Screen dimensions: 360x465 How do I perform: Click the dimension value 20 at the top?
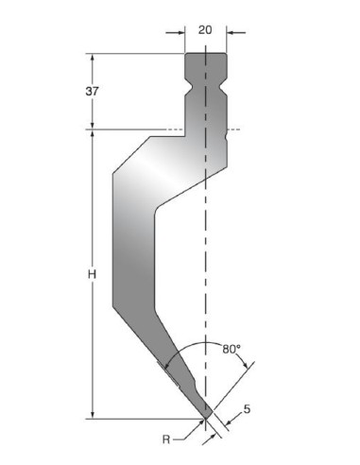click(205, 30)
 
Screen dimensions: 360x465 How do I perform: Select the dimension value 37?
click(92, 92)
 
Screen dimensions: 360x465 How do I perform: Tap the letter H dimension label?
click(92, 275)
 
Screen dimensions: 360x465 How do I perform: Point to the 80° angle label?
click(231, 349)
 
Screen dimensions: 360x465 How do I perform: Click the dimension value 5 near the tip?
click(248, 409)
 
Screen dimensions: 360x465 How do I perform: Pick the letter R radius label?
click(166, 439)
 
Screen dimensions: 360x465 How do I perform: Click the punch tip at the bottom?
click(206, 418)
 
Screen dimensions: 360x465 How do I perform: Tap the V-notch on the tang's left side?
click(187, 85)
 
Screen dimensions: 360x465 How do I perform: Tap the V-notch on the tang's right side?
click(224, 85)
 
